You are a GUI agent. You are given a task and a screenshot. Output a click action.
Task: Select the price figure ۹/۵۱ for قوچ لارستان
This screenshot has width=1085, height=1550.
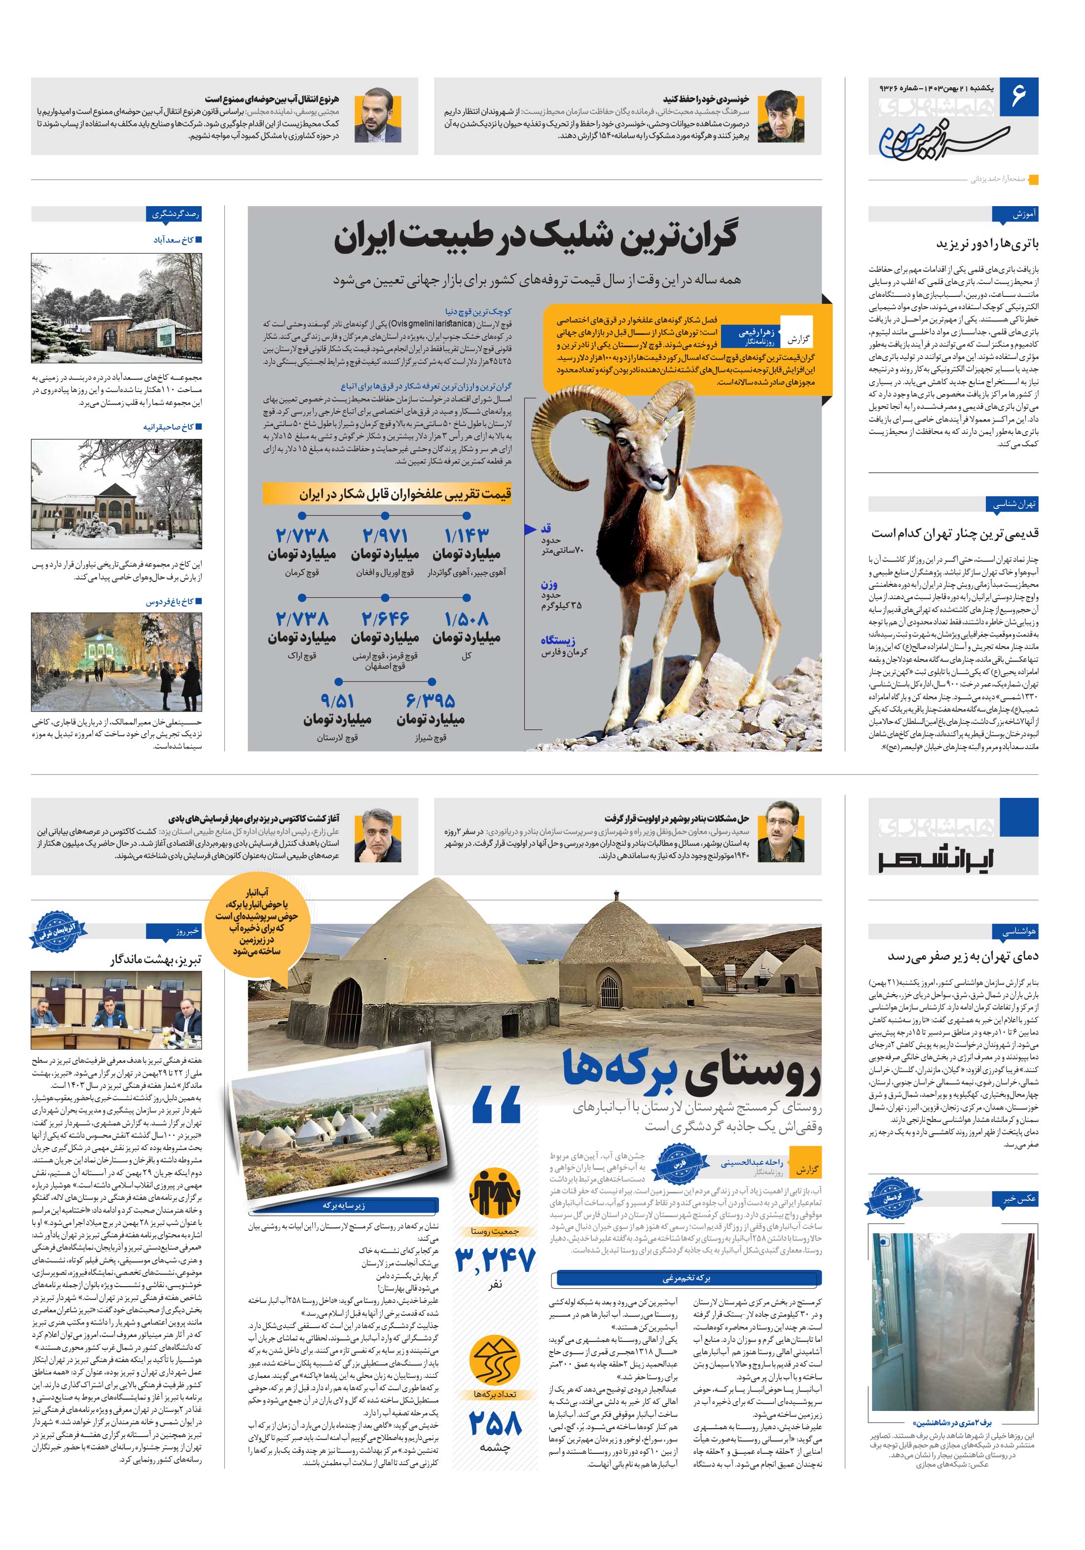click(x=338, y=701)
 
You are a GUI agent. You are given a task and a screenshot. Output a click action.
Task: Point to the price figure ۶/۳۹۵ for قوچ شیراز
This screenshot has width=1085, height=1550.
click(x=431, y=701)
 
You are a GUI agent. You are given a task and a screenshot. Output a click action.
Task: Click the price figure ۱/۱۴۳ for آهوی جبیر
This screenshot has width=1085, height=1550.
click(x=467, y=536)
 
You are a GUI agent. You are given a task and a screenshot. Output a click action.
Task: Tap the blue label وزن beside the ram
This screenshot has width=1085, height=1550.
click(x=549, y=584)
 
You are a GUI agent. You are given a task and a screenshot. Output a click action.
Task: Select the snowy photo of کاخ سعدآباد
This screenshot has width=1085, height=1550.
click(x=116, y=307)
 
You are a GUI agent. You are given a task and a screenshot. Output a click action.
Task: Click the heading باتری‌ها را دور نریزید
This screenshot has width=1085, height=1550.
click(x=987, y=244)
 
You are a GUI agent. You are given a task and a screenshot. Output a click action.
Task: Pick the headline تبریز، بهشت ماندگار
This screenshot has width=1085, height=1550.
click(x=155, y=959)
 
